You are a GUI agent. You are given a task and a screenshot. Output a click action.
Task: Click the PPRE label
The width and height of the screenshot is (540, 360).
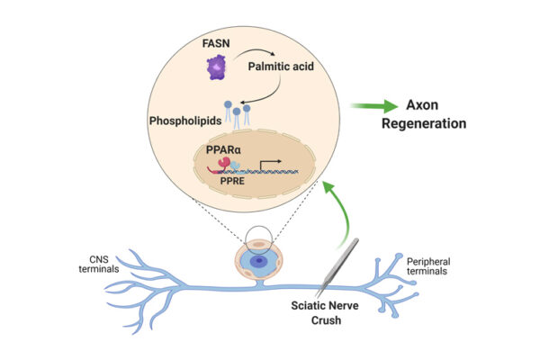[x=226, y=181]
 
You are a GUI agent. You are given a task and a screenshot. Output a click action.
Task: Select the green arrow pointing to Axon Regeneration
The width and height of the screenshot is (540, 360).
[x=370, y=106]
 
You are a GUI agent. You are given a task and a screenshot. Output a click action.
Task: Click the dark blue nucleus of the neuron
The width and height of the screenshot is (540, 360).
[x=259, y=261]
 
